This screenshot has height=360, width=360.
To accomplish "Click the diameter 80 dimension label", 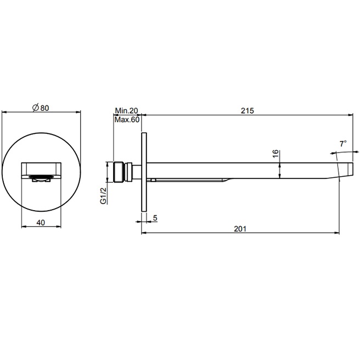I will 42,108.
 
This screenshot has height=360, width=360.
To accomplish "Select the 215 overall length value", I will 247,110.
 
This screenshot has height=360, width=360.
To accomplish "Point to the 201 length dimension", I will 239,228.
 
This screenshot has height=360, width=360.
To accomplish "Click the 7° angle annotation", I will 343,144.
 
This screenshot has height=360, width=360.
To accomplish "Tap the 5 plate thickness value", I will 155,218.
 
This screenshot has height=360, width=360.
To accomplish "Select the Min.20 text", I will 127,110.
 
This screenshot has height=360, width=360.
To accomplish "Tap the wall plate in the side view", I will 144,171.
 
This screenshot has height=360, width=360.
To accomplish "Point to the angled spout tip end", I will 344,171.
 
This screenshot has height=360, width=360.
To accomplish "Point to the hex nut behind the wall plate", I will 131,171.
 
